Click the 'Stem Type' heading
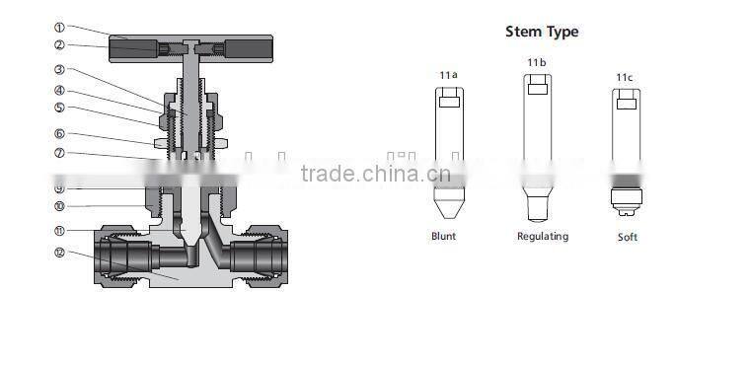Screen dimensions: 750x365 (x=542, y=32)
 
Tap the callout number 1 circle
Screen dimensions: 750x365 (x=59, y=28)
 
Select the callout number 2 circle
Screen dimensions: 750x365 (x=59, y=44)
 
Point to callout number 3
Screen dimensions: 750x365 (x=59, y=70)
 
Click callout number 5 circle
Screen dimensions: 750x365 (x=59, y=108)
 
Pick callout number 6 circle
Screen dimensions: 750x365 (x=59, y=134)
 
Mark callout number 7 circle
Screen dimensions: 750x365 (x=59, y=153)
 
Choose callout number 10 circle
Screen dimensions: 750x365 (x=59, y=206)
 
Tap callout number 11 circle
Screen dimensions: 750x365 (x=59, y=230)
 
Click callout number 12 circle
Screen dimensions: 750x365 (x=59, y=253)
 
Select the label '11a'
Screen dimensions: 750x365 (x=448, y=75)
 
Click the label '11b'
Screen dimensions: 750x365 (x=536, y=62)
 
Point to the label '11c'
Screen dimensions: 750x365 (x=625, y=76)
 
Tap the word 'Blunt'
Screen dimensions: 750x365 (x=444, y=237)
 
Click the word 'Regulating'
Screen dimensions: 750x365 (x=543, y=237)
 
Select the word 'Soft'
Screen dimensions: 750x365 (x=628, y=238)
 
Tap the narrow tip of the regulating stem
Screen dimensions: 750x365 (x=537, y=208)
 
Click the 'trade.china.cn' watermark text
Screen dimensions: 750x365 (x=375, y=176)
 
